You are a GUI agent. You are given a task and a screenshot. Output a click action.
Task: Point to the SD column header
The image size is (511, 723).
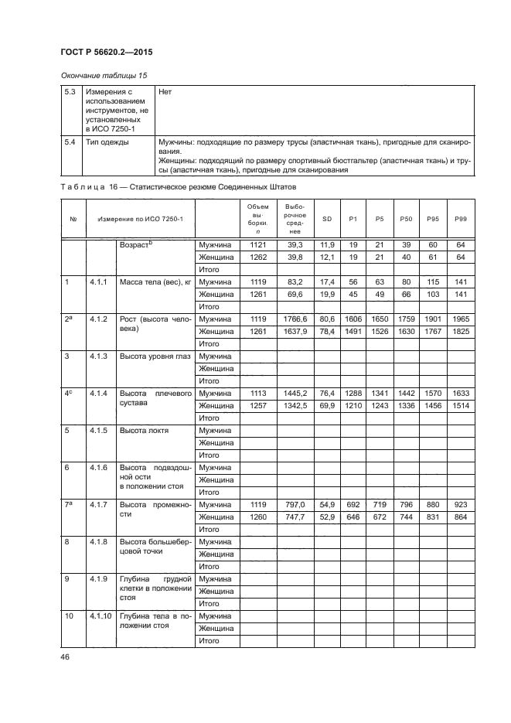click(326, 219)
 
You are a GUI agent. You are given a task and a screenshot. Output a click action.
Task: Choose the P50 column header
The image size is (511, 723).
click(406, 219)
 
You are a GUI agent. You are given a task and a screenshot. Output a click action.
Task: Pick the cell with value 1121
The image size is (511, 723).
click(257, 244)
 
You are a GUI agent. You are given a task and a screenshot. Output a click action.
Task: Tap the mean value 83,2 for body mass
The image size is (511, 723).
click(293, 282)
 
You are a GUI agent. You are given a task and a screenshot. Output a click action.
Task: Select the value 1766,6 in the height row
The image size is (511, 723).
click(293, 319)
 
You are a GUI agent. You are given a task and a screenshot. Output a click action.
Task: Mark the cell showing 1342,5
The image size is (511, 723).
click(293, 405)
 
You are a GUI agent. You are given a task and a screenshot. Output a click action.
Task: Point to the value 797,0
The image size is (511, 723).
click(293, 505)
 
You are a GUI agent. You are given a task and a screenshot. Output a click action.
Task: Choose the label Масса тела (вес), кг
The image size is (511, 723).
click(155, 282)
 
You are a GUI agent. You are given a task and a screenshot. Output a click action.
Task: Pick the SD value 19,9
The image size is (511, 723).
click(326, 295)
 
